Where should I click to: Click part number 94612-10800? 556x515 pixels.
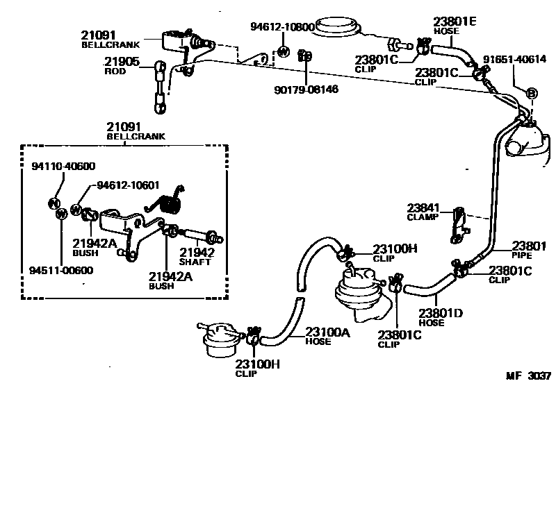(x=282, y=27)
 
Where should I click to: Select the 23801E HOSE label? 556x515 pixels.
(x=455, y=26)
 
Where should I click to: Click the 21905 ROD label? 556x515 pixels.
(x=122, y=66)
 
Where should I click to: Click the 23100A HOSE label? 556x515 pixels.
(x=327, y=336)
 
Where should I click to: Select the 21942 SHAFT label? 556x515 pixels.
(x=196, y=256)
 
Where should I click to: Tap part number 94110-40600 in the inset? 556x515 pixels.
(x=63, y=166)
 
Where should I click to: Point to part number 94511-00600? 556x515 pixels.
(x=62, y=270)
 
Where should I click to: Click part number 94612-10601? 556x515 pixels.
(x=128, y=185)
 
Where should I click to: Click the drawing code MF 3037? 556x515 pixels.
(x=528, y=376)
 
